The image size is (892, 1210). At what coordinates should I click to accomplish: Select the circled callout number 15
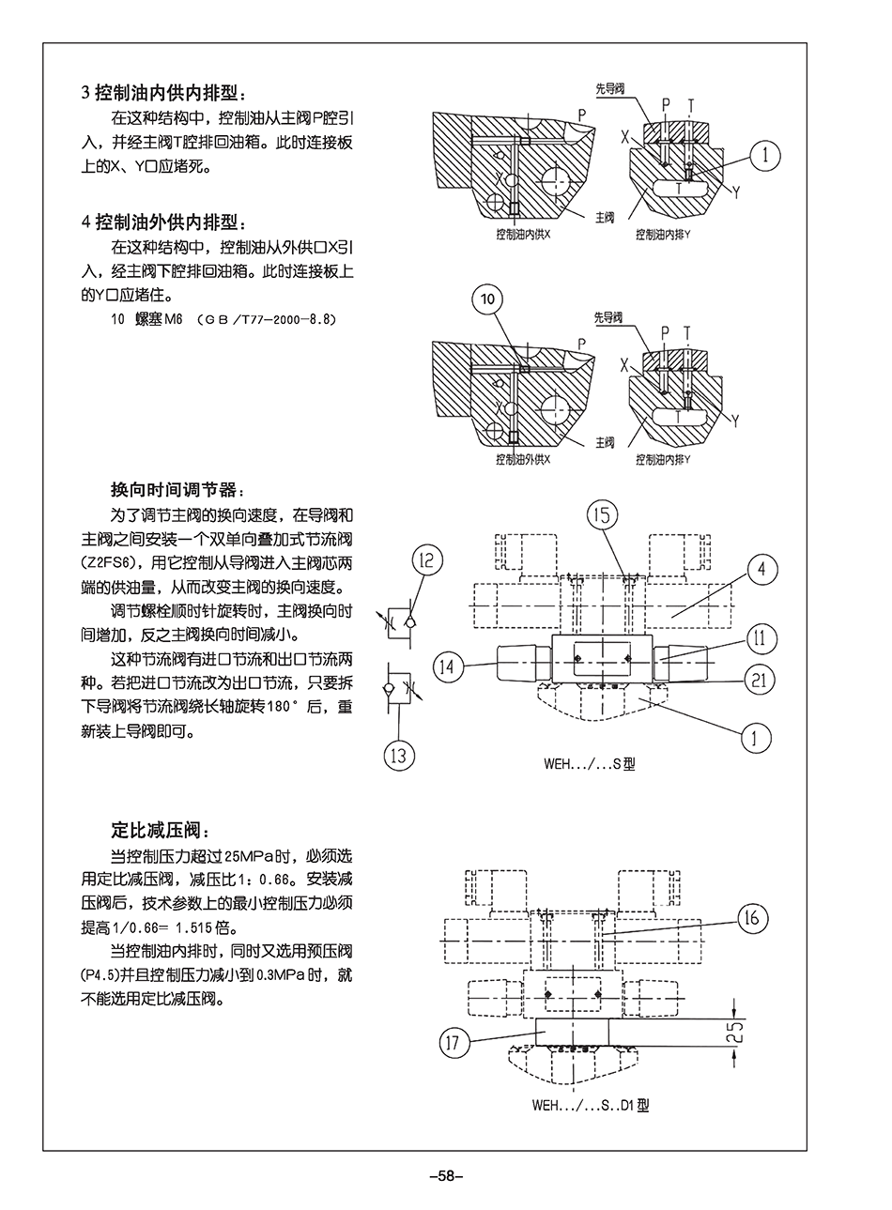point(603,513)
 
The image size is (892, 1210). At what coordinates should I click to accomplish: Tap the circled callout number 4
point(762,568)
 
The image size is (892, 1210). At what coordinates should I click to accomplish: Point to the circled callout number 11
point(761,639)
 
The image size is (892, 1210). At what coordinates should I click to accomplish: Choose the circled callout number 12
point(426,561)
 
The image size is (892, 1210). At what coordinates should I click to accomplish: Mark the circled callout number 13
point(401,754)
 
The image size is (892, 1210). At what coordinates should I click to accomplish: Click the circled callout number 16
point(752,917)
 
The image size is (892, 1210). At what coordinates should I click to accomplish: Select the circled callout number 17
point(454,1041)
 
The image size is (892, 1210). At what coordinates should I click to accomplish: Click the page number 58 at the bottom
point(446,1176)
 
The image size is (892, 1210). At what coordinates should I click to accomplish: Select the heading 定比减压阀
point(156,830)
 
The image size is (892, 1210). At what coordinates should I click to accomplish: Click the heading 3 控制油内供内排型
point(165,94)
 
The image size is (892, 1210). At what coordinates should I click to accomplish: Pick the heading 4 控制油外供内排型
point(165,222)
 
